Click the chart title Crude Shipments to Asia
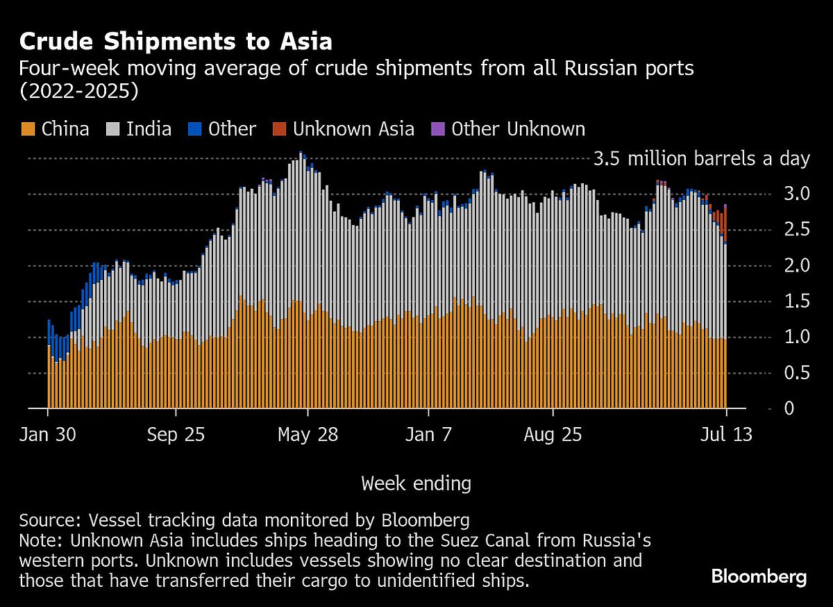[x=176, y=42]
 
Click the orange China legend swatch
[x=28, y=129]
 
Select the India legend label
[x=149, y=129]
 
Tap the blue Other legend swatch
[x=196, y=129]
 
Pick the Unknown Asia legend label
[x=353, y=129]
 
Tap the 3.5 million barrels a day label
[x=701, y=159]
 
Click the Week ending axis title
[x=416, y=483]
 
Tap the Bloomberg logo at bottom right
[x=759, y=576]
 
